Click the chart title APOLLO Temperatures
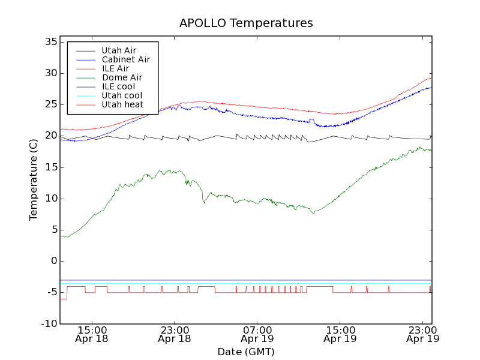click(246, 23)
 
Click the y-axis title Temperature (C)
click(34, 179)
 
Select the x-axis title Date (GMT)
click(246, 352)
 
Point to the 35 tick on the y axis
click(50, 42)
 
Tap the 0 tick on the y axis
click(54, 261)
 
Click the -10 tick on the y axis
click(48, 324)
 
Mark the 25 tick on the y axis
click(50, 104)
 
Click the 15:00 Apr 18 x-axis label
click(92, 334)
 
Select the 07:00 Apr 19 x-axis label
click(257, 334)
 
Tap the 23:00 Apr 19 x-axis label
click(422, 334)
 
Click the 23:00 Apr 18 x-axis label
click(175, 334)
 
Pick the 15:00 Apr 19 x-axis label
click(340, 334)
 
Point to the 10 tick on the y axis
click(50, 199)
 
